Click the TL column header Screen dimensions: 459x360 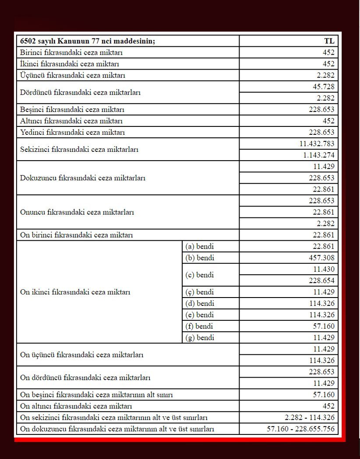tap(329, 41)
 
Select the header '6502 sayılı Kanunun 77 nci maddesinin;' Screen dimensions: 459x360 tap(88, 41)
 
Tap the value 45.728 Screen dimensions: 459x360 tap(324, 87)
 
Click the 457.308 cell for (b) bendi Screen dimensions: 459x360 tap(321, 258)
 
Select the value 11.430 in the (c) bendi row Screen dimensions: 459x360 tap(324, 269)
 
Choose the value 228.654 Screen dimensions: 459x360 tap(321, 280)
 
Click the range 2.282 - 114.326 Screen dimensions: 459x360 tap(309, 417)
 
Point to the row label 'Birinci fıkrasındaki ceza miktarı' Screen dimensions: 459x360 tap(71, 53)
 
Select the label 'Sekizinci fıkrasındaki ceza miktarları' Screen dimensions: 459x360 tap(79, 149)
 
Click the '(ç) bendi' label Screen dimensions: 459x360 tap(200, 292)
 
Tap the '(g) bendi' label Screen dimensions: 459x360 tap(200, 337)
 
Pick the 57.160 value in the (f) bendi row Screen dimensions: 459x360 tap(324, 326)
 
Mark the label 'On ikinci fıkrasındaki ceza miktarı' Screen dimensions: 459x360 tap(75, 292)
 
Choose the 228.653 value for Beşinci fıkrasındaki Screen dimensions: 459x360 tap(321, 109)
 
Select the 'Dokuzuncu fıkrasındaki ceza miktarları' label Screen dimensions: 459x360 tap(83, 178)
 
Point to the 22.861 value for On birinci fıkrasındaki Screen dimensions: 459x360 tap(324, 235)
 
